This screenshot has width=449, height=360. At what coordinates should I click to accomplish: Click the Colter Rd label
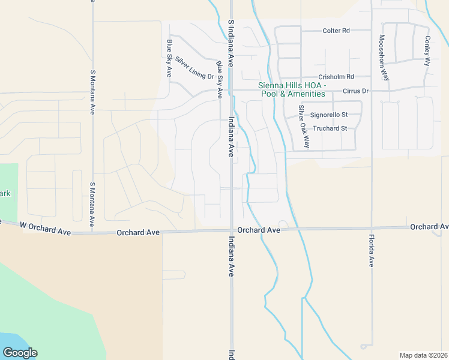click(x=336, y=31)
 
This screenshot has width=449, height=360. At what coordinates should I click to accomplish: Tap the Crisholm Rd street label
click(x=336, y=77)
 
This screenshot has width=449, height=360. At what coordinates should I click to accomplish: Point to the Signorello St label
click(x=329, y=114)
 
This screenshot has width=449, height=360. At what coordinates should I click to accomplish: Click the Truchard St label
click(x=330, y=128)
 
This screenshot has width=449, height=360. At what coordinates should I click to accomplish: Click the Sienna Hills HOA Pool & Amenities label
click(x=292, y=89)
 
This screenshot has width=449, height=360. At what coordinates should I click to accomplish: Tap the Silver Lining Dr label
click(x=194, y=68)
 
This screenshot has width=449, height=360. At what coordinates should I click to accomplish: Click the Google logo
click(x=20, y=353)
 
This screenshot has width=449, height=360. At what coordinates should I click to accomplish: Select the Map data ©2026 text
click(x=423, y=355)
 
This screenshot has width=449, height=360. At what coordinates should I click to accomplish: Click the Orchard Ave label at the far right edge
click(x=429, y=227)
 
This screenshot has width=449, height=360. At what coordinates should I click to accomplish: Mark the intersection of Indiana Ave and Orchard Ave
click(x=231, y=230)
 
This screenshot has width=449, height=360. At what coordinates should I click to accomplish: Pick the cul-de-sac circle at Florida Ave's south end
click(x=364, y=346)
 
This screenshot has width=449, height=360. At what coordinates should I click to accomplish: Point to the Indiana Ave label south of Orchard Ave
click(x=231, y=256)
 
